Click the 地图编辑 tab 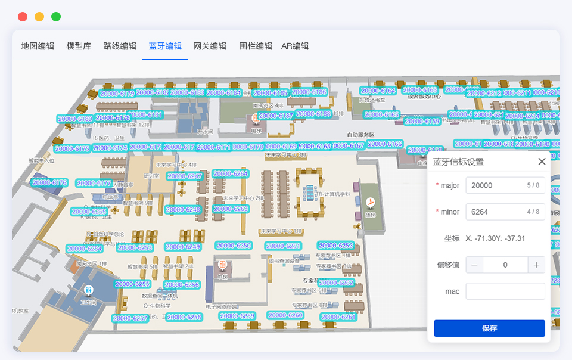[38, 46]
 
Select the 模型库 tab [79, 46]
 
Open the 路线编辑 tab [120, 46]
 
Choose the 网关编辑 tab [210, 46]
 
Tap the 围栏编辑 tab [256, 46]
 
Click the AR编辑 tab [295, 46]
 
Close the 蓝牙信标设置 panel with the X [542, 162]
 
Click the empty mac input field [505, 291]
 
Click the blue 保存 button [489, 328]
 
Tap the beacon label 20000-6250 [234, 246]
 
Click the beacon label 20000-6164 [378, 91]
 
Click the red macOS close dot [23, 17]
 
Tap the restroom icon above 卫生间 [89, 290]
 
